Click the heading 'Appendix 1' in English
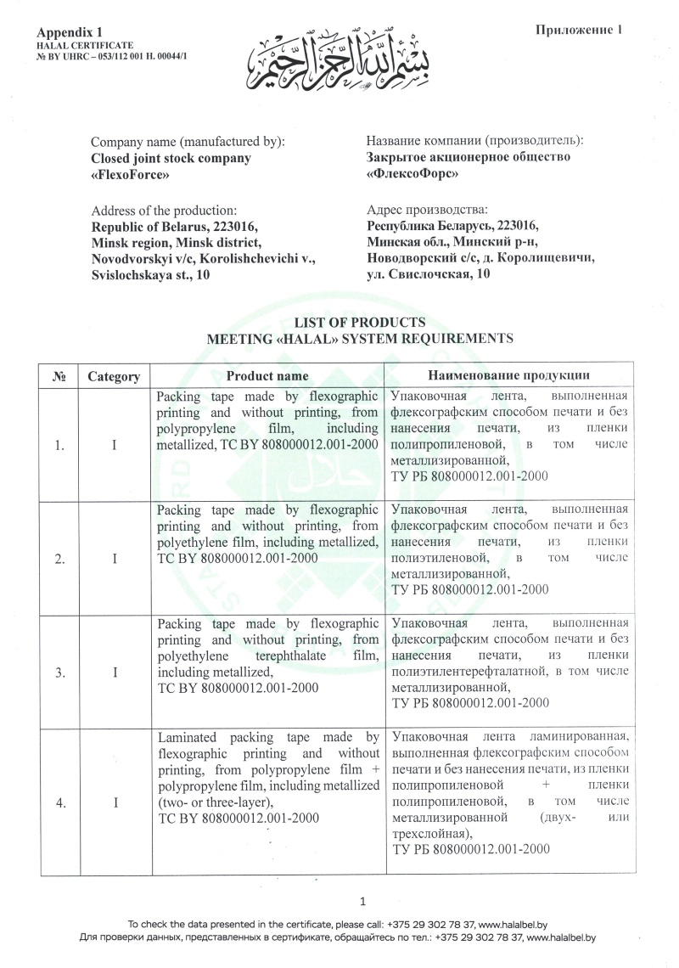[65, 31]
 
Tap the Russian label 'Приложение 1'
[580, 31]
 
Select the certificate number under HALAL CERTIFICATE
[124, 55]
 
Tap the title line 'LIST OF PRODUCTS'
[360, 322]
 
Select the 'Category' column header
[114, 375]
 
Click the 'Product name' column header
[267, 375]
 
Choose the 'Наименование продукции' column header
[509, 375]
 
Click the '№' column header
[59, 375]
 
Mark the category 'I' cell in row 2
[114, 558]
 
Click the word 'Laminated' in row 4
[188, 738]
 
